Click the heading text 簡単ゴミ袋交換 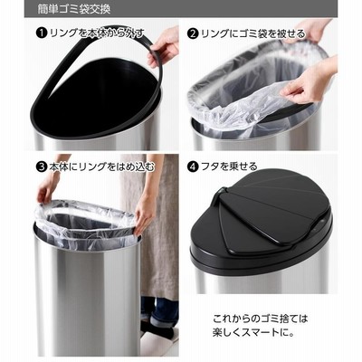[x=74, y=9]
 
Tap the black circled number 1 [x=42, y=33]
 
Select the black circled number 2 [x=193, y=33]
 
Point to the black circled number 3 [x=42, y=167]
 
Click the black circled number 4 [x=193, y=167]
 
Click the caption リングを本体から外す [x=96, y=33]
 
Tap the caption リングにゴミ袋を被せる [x=253, y=33]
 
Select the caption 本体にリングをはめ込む [x=101, y=167]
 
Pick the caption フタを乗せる [x=229, y=167]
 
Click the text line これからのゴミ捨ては [x=260, y=319]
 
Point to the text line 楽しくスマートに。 [x=253, y=333]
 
